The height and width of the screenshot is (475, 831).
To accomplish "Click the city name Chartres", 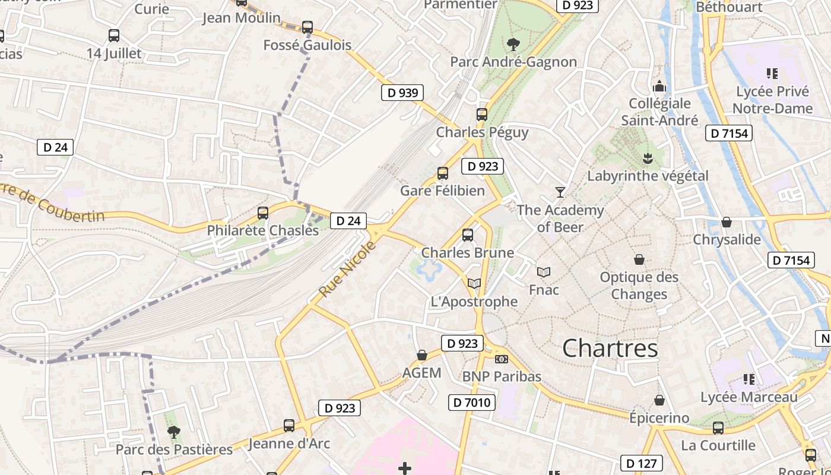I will click(610, 349).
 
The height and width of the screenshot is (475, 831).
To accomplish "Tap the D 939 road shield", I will click(402, 93).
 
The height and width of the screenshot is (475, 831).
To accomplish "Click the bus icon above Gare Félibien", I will click(442, 173).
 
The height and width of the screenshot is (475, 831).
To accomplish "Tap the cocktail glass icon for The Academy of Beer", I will click(560, 192).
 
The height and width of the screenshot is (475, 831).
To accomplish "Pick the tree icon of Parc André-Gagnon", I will click(513, 44).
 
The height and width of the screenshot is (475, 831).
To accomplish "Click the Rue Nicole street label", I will click(347, 270).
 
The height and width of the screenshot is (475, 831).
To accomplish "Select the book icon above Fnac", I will click(543, 273).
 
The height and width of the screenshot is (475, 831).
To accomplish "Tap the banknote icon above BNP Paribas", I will click(502, 359).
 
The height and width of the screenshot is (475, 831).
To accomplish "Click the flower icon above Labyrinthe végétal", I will click(647, 158).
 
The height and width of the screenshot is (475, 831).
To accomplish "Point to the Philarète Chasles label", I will click(262, 230).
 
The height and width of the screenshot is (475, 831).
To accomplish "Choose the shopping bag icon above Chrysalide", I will click(726, 222).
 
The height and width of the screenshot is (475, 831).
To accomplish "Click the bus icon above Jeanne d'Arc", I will click(288, 426).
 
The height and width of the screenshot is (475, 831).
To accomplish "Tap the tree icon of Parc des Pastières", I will click(173, 432).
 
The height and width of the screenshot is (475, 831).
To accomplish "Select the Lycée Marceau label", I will click(749, 397).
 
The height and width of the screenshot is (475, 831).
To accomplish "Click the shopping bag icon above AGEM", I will click(421, 355).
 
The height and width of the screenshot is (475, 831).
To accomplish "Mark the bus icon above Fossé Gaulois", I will click(307, 27).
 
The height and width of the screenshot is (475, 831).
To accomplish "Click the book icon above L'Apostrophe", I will click(474, 284).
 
